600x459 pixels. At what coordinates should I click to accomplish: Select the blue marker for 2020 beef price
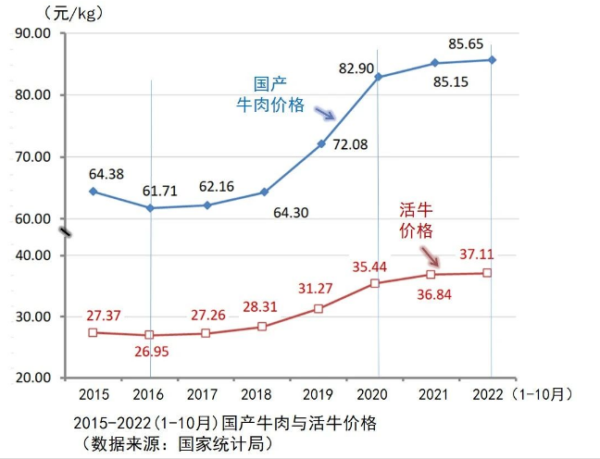coord(378,77)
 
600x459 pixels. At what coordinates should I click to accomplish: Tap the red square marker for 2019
coord(319,308)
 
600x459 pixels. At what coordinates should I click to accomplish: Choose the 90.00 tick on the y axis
coord(33,33)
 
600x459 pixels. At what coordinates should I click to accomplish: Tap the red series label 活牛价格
coord(417,219)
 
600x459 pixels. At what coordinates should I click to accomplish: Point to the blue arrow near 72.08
coord(324,113)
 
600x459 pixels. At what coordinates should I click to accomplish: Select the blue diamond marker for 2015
coord(93,192)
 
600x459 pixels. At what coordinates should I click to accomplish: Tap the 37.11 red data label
coord(480,254)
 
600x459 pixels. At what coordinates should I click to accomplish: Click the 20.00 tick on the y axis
coord(33,378)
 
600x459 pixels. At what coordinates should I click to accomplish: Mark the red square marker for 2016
coord(150,335)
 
